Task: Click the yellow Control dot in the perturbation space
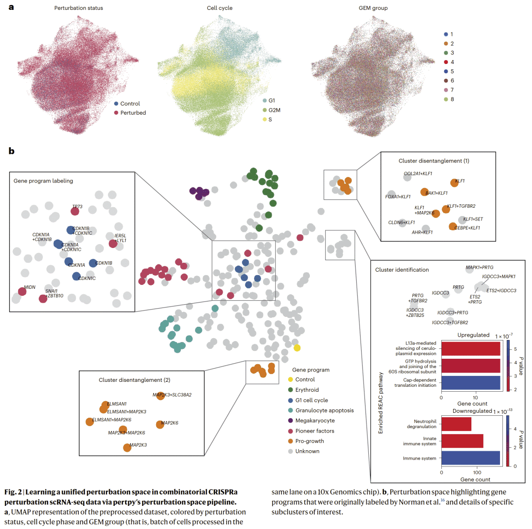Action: (x=297, y=348)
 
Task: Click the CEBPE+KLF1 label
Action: (x=467, y=228)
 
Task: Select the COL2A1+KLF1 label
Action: (x=418, y=174)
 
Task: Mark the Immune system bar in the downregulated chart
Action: (x=470, y=459)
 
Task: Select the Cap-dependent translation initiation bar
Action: (x=470, y=382)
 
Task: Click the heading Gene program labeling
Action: (x=43, y=181)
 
